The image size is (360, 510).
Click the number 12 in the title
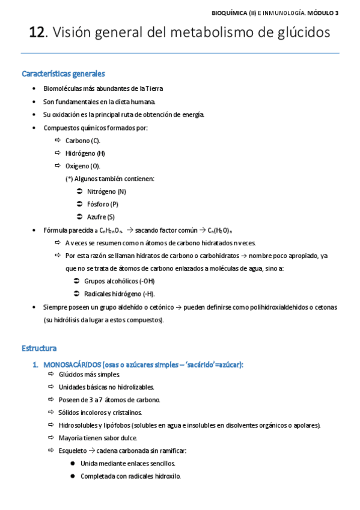coord(37,34)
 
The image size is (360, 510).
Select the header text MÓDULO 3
coord(323,11)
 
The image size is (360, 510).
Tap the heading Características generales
coord(63,74)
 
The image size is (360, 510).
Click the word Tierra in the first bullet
coord(151,88)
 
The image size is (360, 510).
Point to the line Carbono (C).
coord(82,140)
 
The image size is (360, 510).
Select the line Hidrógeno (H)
coord(85,153)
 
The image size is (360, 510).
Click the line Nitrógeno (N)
coord(106,191)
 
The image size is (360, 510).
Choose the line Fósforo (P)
coord(102,204)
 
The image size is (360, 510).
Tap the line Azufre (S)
coord(100,217)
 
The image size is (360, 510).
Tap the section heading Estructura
coord(39,348)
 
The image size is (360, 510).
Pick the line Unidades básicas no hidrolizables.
coord(106,387)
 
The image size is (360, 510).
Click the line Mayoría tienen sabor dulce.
coord(98,437)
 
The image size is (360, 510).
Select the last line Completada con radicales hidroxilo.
coord(130,476)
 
